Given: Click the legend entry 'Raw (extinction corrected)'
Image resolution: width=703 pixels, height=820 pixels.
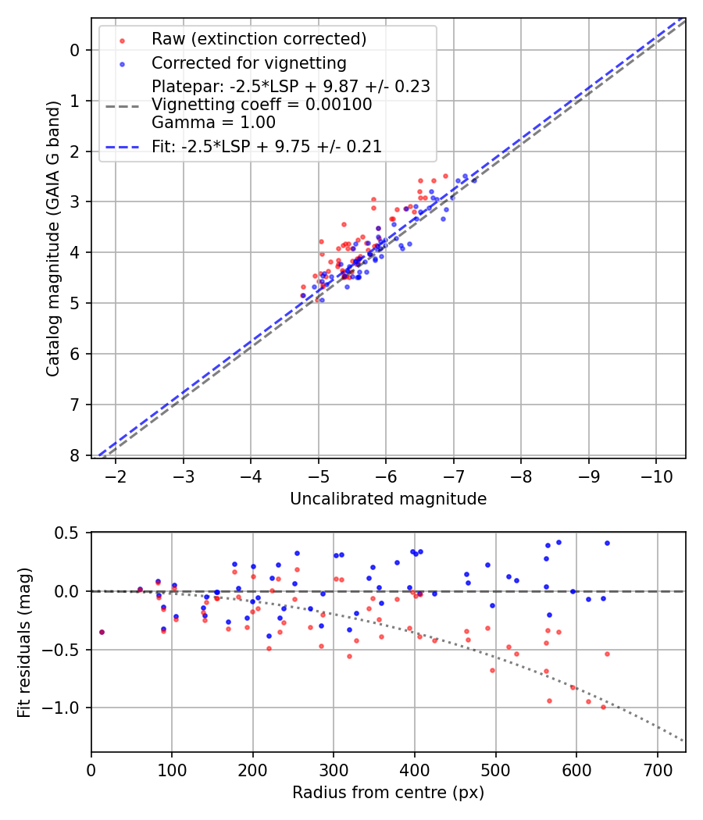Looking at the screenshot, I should point(259,39).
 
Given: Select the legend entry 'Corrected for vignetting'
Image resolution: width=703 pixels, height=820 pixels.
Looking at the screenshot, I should point(249,62).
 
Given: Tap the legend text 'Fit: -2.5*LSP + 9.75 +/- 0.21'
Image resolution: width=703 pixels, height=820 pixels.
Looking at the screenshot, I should point(266,147).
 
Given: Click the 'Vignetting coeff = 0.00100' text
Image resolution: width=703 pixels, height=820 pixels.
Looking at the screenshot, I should point(262,105).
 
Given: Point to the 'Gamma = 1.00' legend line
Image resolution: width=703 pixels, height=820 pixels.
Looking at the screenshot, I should point(213,122).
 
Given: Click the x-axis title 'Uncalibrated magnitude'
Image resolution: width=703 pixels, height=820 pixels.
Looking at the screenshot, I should point(388,499).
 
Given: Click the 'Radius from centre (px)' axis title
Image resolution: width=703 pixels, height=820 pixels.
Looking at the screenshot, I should point(388,793).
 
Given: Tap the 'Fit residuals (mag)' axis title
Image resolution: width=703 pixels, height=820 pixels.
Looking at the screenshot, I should point(23,642).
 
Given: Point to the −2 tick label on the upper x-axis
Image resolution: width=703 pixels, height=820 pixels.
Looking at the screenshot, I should point(116,476).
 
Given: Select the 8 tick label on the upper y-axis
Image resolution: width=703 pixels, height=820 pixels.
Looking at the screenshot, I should point(75,455).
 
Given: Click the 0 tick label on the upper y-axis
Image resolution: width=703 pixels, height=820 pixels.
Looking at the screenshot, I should point(75,51).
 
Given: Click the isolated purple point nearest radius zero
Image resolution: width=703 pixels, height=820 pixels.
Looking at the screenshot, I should point(102,632).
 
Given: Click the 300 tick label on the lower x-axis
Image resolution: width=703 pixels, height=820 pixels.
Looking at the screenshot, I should point(334,770).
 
